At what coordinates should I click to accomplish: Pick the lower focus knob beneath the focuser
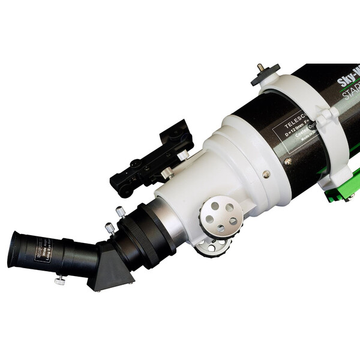pos(214,245)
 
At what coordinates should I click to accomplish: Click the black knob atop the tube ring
pos(262,70)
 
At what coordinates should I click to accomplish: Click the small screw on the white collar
pos(266,175)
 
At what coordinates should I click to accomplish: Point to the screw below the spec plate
pos(288,161)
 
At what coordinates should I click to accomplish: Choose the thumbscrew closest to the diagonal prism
pos(109,229)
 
